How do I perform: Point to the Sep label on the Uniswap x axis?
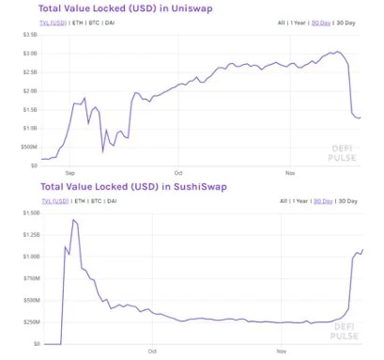coord(70,173)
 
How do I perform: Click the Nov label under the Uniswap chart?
coord(289,173)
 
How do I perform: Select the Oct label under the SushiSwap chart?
coord(152,352)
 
